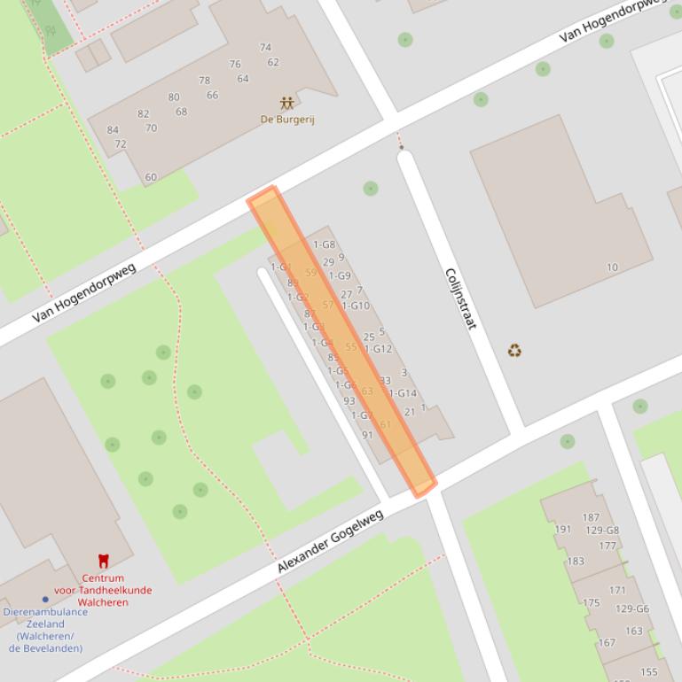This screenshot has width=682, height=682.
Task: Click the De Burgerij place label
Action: [286, 120]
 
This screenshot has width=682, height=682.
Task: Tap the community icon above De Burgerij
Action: [286, 104]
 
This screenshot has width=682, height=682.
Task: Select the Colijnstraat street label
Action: [460, 298]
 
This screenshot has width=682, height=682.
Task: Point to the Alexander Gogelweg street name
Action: [330, 541]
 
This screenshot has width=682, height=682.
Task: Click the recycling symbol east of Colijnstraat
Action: [514, 351]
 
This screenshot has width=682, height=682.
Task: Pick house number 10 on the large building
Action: [612, 267]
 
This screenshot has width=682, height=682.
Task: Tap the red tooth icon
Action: [103, 561]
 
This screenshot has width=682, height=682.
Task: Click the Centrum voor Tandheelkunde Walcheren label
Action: [103, 590]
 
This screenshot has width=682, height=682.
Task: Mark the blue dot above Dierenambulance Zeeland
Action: [45, 600]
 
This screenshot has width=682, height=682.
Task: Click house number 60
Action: [151, 177]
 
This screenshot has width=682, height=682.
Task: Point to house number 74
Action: [265, 48]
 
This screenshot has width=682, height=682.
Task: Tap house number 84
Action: [113, 130]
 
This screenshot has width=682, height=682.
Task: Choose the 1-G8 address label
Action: [324, 244]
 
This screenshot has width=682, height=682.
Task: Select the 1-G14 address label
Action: [403, 393]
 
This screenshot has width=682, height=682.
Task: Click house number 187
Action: [591, 518]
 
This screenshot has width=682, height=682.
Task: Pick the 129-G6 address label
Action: [632, 609]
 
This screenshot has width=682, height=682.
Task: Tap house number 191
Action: [563, 530]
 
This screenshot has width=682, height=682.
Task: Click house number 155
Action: [649, 672]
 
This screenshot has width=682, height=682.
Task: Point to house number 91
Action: [367, 435]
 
